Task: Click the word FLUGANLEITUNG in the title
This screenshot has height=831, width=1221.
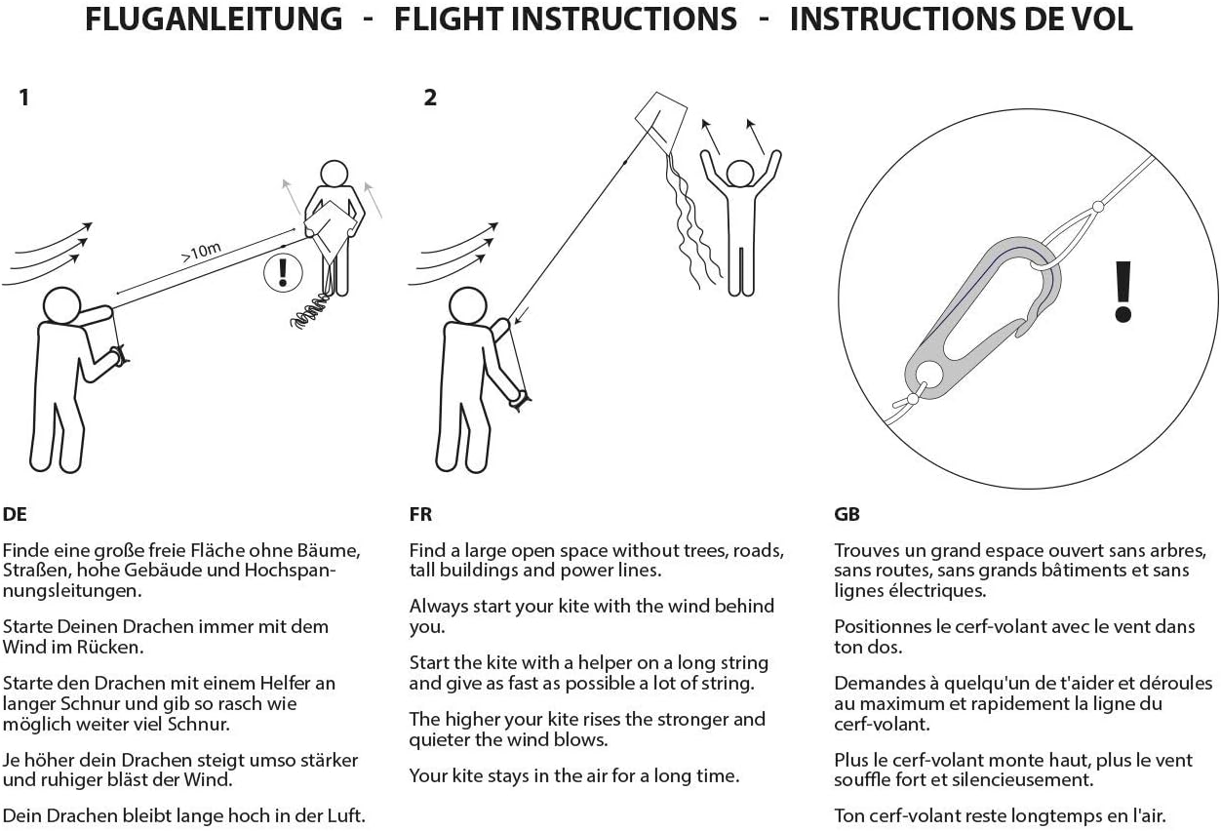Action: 214,20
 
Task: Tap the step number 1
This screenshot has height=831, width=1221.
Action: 24,99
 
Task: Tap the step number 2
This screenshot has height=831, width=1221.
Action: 430,99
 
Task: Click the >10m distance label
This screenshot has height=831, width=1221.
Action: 201,252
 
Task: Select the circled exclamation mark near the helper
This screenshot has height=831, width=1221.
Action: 283,272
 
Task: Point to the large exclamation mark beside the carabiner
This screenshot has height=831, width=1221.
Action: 1123,292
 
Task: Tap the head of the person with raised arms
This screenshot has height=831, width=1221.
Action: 740,174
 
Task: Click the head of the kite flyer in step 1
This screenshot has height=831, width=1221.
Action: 61,305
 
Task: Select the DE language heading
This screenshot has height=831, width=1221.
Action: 15,514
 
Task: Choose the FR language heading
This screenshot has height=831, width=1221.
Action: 420,514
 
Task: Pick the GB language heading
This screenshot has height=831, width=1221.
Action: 847,514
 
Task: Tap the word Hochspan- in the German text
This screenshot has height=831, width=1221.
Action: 290,571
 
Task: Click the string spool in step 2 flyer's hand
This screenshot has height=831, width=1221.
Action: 520,401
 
